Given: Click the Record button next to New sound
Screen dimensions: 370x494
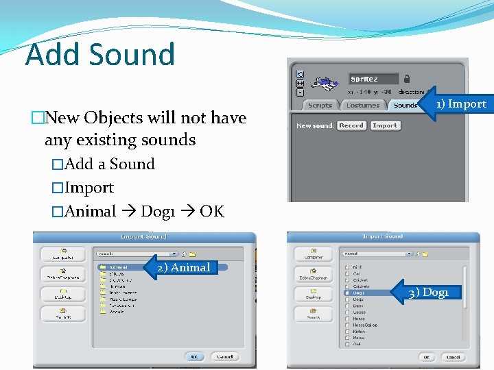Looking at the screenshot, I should tap(351, 126).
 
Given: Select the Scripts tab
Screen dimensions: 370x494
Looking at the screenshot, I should tap(320, 106).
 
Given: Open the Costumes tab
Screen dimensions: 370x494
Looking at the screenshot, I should tap(363, 106).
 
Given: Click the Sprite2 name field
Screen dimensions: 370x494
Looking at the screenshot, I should tap(373, 79).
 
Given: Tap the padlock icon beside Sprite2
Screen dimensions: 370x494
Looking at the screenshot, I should tap(407, 79).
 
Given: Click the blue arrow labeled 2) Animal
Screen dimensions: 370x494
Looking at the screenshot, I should tap(180, 268).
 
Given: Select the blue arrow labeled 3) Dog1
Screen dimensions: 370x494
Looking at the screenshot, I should tap(426, 293).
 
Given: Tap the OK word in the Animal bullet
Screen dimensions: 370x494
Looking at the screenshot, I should tap(212, 211).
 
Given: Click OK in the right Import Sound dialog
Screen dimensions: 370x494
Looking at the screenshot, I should tap(427, 357).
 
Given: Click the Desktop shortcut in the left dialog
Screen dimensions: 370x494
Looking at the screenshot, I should tap(63, 294).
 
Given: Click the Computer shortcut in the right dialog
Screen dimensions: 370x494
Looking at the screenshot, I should tap(314, 254).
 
